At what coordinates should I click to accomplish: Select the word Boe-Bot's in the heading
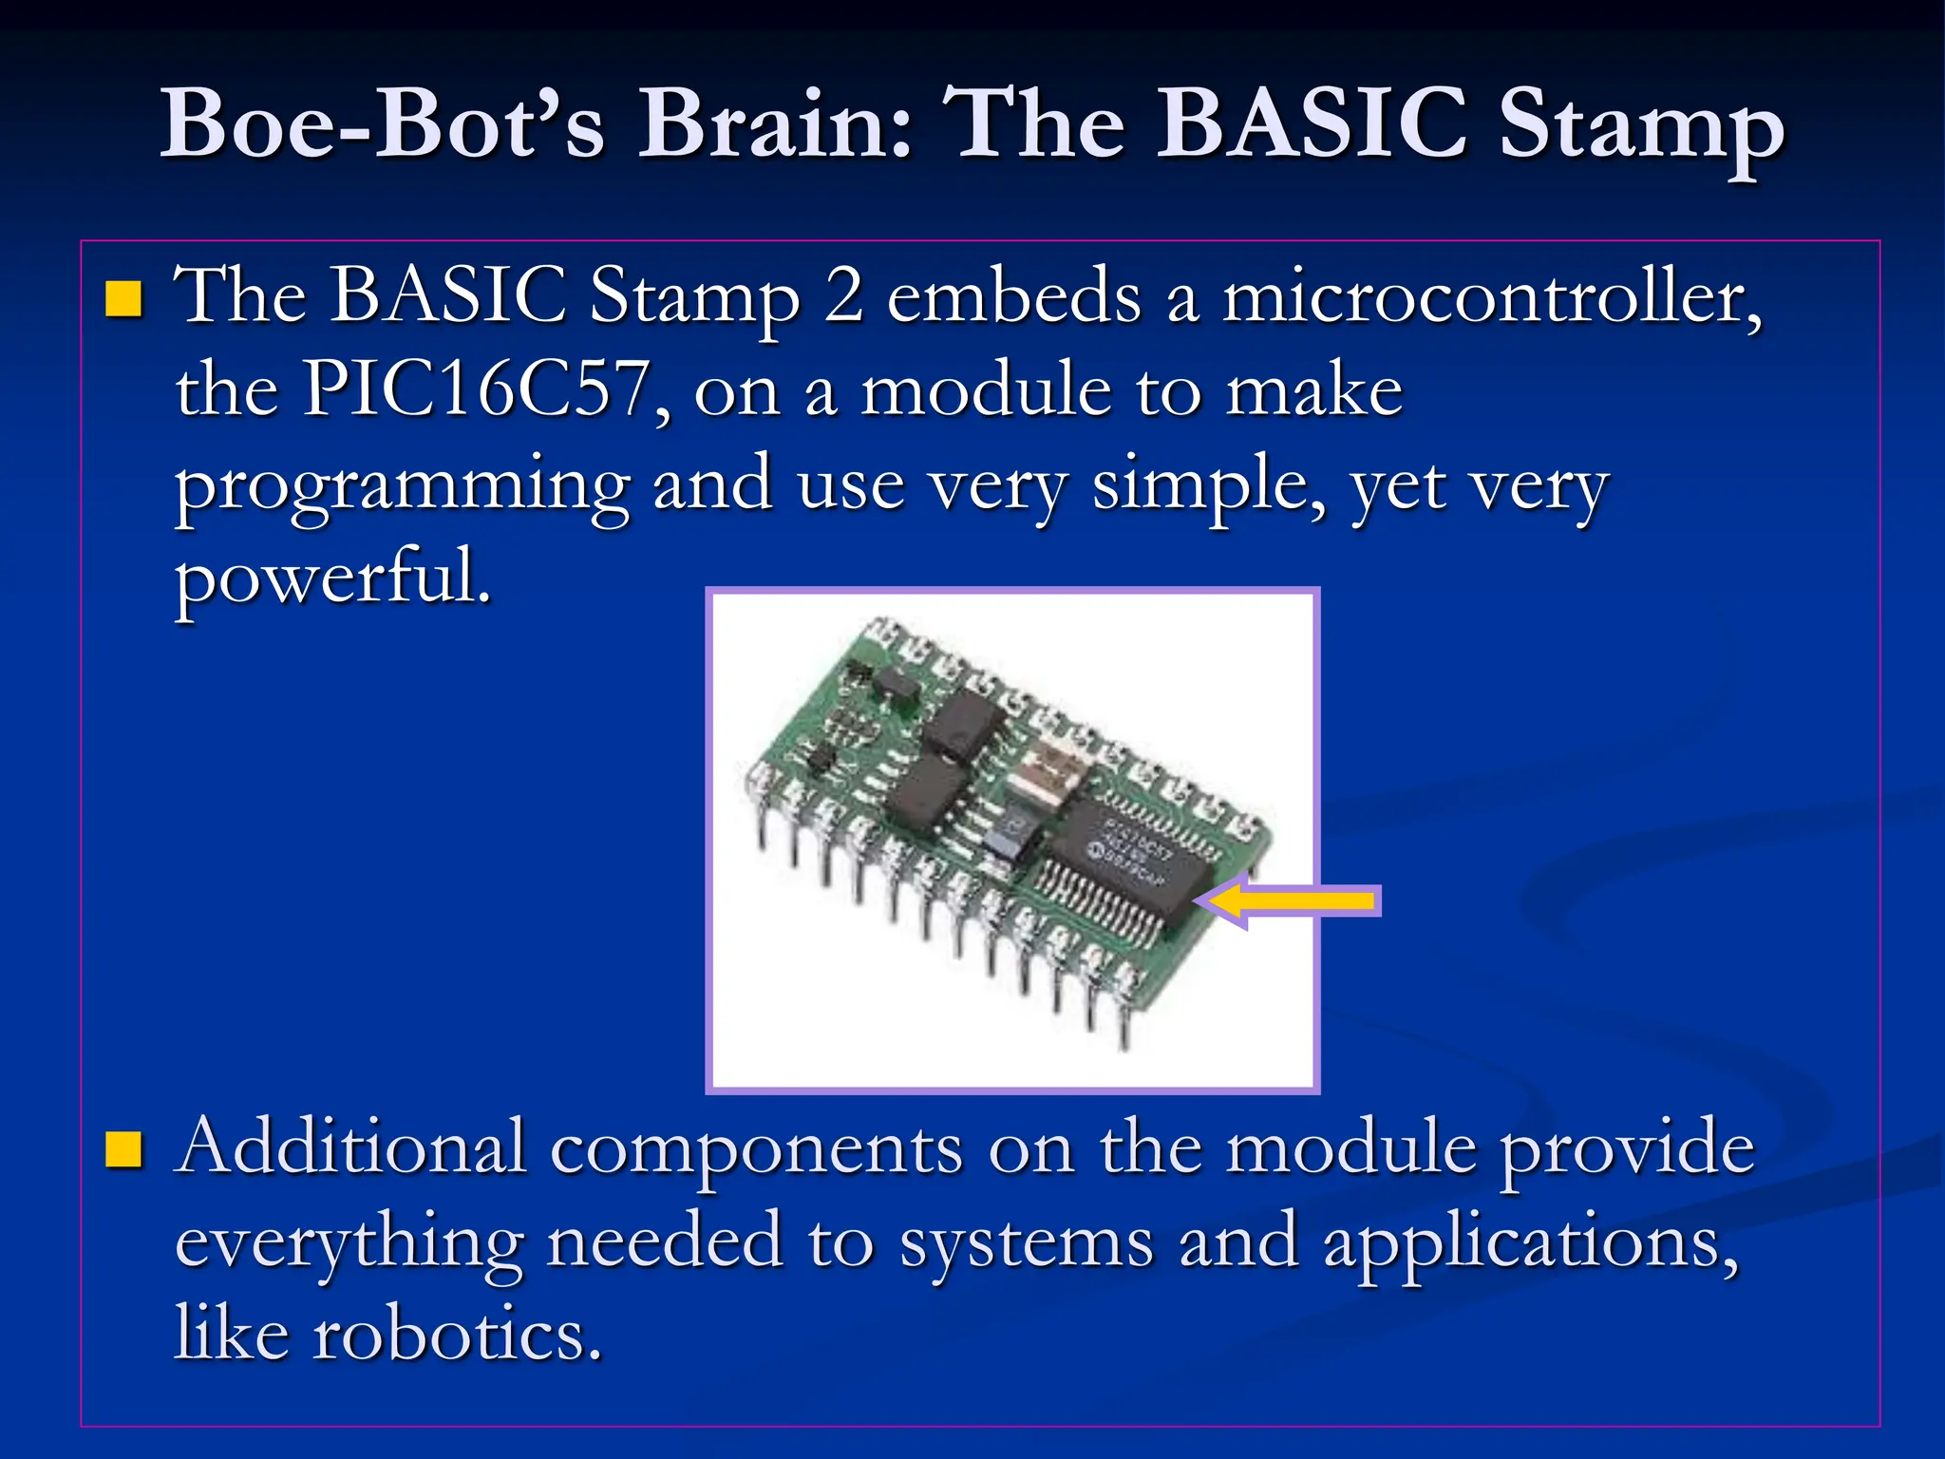coord(382,123)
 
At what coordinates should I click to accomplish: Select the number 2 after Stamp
coord(843,296)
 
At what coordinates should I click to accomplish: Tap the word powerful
coord(332,578)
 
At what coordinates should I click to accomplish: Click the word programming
coord(402,486)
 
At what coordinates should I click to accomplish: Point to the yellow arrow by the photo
coord(1292,900)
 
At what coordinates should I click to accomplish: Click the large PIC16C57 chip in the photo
coord(1130,860)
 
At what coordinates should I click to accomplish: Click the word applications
coord(1529,1242)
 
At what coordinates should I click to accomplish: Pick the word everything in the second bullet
coord(349,1242)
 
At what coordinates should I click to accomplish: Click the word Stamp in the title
coord(1641,123)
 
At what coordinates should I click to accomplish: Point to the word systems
coord(1026,1242)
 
